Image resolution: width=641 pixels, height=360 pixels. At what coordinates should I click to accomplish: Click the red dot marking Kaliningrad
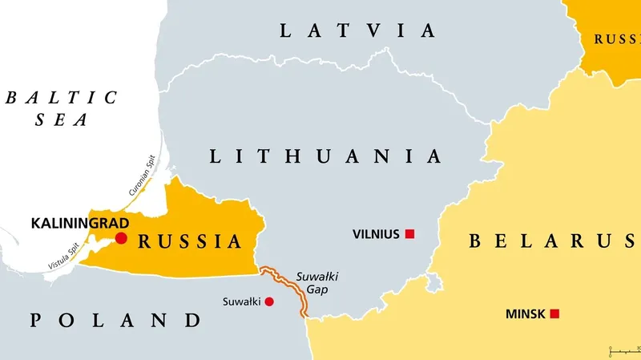point(121,238)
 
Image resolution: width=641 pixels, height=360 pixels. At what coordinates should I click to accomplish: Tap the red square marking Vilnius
point(409,234)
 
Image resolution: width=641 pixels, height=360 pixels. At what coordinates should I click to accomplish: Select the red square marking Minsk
point(554,313)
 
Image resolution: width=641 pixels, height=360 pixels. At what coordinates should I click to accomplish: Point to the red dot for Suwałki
point(269,301)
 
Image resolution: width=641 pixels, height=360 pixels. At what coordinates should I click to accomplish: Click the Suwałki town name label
point(240,301)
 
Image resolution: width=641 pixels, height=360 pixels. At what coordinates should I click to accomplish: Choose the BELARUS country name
point(553,240)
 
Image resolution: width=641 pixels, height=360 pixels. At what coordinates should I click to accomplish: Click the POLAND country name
point(115,321)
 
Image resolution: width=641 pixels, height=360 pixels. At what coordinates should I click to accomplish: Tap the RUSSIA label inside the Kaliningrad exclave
point(190,241)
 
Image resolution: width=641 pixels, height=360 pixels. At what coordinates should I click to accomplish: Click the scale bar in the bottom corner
point(623,351)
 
